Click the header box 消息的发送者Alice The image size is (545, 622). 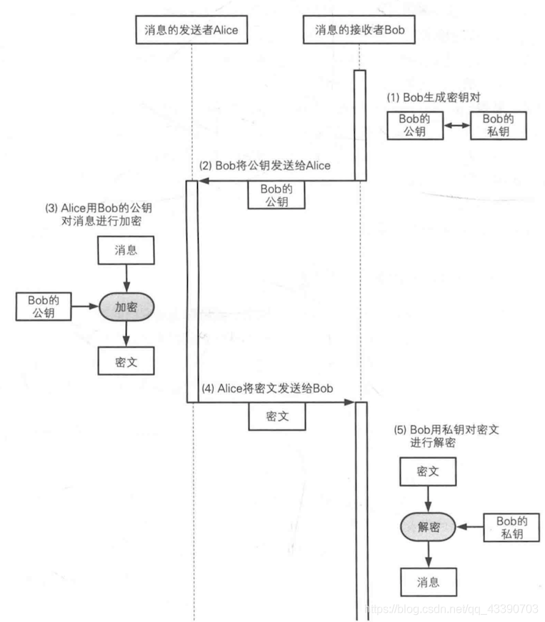coord(192,30)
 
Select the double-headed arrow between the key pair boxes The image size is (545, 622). coord(455,124)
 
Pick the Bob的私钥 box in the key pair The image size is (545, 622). coord(497,124)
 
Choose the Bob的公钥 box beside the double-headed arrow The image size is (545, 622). coord(414,124)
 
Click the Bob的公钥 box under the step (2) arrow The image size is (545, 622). coord(276,194)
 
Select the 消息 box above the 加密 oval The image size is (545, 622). coord(126,250)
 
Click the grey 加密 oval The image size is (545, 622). coord(126,307)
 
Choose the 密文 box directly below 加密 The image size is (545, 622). coord(126,361)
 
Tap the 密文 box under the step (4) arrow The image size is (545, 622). coord(276,416)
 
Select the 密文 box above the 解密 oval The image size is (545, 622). coord(427,472)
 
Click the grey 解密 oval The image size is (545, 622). coord(427,527)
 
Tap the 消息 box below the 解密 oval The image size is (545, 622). coord(427,581)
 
